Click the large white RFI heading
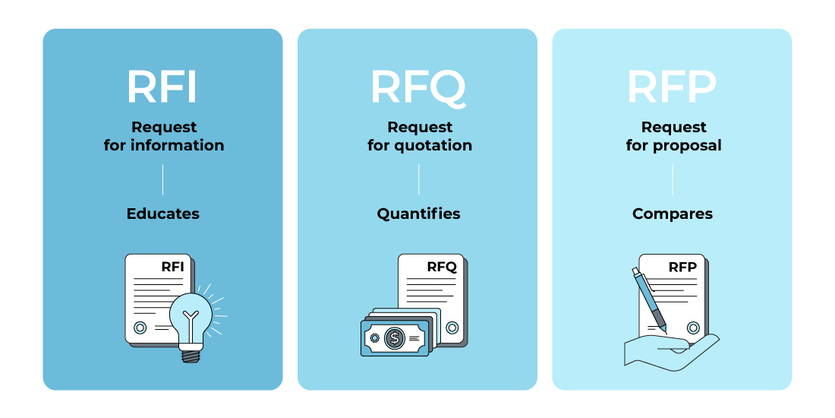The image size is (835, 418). [x=162, y=87]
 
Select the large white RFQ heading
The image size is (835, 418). [x=418, y=88]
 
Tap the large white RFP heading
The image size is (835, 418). [x=672, y=87]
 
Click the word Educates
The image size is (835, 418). [x=163, y=214]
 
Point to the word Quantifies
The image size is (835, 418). [x=418, y=214]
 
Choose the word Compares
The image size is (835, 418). [x=673, y=214]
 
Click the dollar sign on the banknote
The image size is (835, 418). [x=395, y=337]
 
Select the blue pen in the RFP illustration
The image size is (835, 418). [x=650, y=301]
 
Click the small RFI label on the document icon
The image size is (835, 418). [x=172, y=267]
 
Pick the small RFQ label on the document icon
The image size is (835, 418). [x=442, y=267]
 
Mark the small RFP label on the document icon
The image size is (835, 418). [x=682, y=267]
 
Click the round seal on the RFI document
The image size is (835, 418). [x=140, y=328]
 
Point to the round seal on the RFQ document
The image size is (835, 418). [x=452, y=328]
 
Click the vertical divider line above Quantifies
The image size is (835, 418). [x=418, y=179]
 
